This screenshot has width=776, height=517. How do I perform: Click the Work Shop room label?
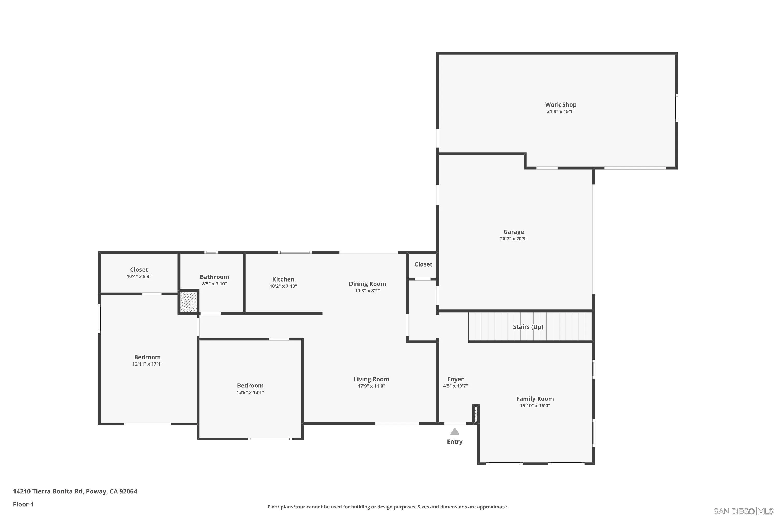point(561,104)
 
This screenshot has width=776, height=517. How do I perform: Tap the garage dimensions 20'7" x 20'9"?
point(513,239)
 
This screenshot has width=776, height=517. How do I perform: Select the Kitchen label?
point(283,279)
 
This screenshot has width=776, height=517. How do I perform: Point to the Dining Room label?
point(367,284)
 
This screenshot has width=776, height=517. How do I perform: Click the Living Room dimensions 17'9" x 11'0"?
point(371,386)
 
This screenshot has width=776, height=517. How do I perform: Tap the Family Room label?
point(534,399)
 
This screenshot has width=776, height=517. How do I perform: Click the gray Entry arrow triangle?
point(455,432)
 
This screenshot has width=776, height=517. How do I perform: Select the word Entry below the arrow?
point(455,442)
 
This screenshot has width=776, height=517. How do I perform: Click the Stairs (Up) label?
point(528,327)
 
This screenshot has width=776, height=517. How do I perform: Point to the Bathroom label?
point(214,277)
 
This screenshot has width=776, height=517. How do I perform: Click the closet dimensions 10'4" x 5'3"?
point(139,277)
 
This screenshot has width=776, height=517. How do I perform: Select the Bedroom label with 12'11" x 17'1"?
point(147,357)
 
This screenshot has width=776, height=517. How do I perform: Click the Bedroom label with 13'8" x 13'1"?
point(250,385)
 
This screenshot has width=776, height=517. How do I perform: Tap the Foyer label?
point(455,379)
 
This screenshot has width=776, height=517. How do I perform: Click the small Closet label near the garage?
point(423,264)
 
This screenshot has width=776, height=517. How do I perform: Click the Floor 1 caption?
point(23,504)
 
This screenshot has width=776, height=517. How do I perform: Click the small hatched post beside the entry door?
point(476,415)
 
